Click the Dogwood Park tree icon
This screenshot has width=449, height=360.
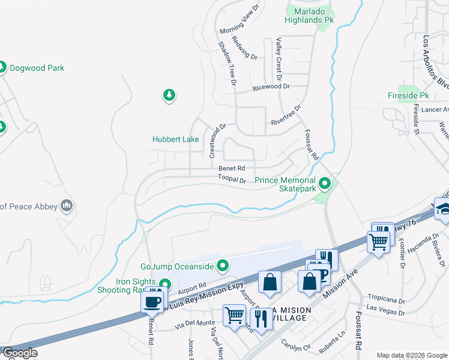tap(2, 68)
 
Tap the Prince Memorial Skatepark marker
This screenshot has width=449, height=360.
tap(325, 182)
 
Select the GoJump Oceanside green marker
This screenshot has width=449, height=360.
tap(223, 265)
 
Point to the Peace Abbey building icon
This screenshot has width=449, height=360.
tap(67, 206)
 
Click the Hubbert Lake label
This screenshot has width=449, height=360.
tap(175, 139)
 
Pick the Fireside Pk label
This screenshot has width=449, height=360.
tap(408, 95)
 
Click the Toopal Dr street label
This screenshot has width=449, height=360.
tap(232, 179)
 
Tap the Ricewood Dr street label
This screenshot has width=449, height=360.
tap(271, 86)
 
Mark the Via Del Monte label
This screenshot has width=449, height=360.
tap(194, 323)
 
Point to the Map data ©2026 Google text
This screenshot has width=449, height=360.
tap(411, 355)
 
